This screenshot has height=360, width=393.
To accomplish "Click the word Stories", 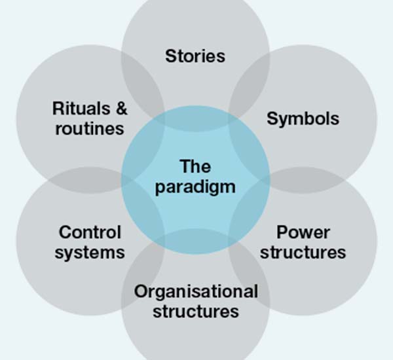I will coord(195,56).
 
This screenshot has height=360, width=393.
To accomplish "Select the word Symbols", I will coord(303,118).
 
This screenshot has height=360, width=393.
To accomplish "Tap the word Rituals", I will coord(82,109).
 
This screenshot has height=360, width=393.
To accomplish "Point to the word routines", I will coord(90,128).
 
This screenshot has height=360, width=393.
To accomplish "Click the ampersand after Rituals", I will coord(119,109).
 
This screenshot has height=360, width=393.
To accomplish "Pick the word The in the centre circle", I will coord(195,166).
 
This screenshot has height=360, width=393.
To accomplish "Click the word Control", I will coord(90,232).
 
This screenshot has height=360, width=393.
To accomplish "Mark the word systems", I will coord(90,252).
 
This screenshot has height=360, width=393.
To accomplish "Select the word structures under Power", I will coord(303,252).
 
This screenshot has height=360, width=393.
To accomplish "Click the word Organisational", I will coord(196,291).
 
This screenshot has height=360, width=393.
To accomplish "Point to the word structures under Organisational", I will coord(196,311).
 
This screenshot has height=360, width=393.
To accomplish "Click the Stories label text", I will coord(195,56).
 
